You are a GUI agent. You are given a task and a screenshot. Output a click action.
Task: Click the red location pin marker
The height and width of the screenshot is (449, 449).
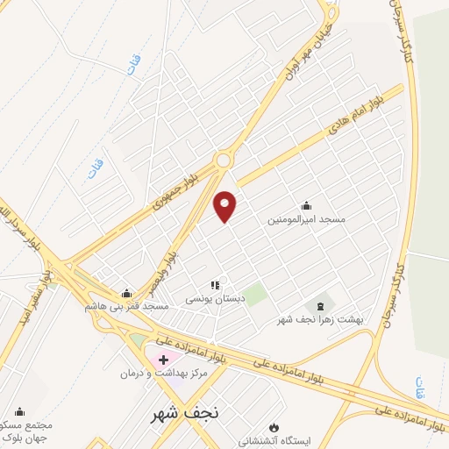coord(225,205)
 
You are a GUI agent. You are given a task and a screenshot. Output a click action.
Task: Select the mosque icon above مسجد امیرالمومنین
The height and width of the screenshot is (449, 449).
coord(306,206)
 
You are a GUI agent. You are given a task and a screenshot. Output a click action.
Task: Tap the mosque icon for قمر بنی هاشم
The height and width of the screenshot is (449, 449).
coord(127,293)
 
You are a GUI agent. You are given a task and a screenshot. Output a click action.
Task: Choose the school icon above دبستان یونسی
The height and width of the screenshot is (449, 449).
coord(215,285)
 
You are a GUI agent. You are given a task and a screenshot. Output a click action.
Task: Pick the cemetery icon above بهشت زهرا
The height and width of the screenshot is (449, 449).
coord(319,306)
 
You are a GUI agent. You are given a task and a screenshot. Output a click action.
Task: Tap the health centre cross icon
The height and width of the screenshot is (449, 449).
coord(164,360)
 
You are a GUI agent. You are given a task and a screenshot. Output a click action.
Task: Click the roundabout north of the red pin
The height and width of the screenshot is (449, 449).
coord(224,160)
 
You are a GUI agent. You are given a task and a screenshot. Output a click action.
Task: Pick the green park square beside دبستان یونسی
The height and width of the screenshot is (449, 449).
coord(255,295)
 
